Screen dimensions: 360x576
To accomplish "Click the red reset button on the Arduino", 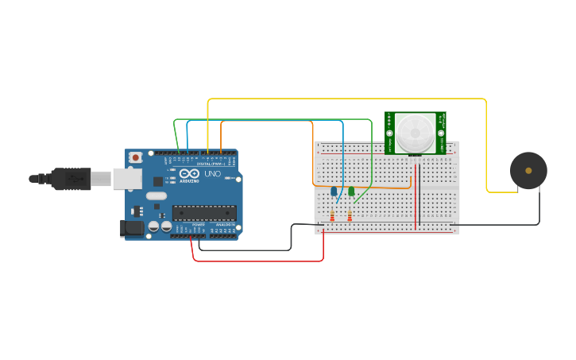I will coord(136,158).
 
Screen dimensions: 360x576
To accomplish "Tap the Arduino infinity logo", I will coord(189,174).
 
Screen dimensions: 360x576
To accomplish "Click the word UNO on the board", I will coord(212,174).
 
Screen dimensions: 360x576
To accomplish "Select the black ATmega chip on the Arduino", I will coord(204,212).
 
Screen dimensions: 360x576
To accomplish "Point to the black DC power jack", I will coord(132,229).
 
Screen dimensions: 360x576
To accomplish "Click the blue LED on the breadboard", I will coord(334,191).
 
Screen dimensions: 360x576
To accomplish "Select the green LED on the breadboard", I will coord(350,191).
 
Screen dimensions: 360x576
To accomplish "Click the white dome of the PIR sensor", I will coord(415,131).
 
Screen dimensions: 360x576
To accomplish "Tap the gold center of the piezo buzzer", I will coord(528,170).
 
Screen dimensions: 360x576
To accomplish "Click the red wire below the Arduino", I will coord(262,261).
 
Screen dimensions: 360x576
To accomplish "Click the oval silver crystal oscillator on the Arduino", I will coord(157,195).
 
